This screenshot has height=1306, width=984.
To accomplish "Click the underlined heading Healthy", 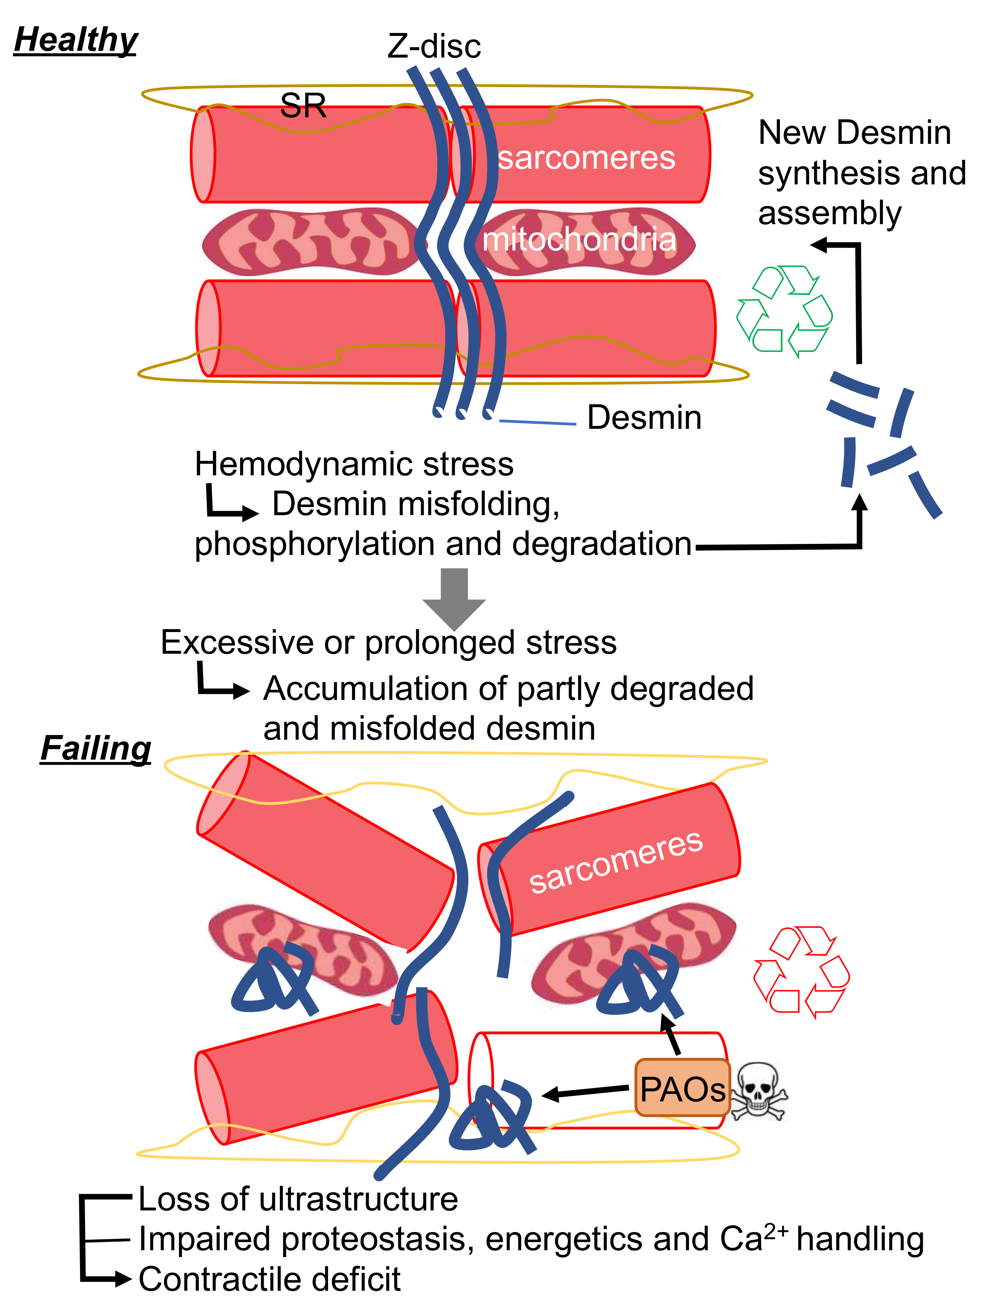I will point(76,40).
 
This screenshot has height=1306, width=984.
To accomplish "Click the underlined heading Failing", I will point(96,748).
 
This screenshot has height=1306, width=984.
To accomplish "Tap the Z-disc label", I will point(434,46).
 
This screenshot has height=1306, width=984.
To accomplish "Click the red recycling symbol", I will point(801,972).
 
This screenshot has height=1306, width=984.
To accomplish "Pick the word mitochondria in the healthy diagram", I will point(579,239).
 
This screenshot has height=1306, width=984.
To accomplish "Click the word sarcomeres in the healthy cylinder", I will point(586,158).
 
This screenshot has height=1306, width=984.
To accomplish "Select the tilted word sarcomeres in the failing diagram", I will point(615,862).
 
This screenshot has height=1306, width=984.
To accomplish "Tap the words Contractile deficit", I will point(269,1279).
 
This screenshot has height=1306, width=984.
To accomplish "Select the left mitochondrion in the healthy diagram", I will point(307,242).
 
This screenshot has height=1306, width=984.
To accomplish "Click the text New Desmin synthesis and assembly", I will point(861,172).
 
